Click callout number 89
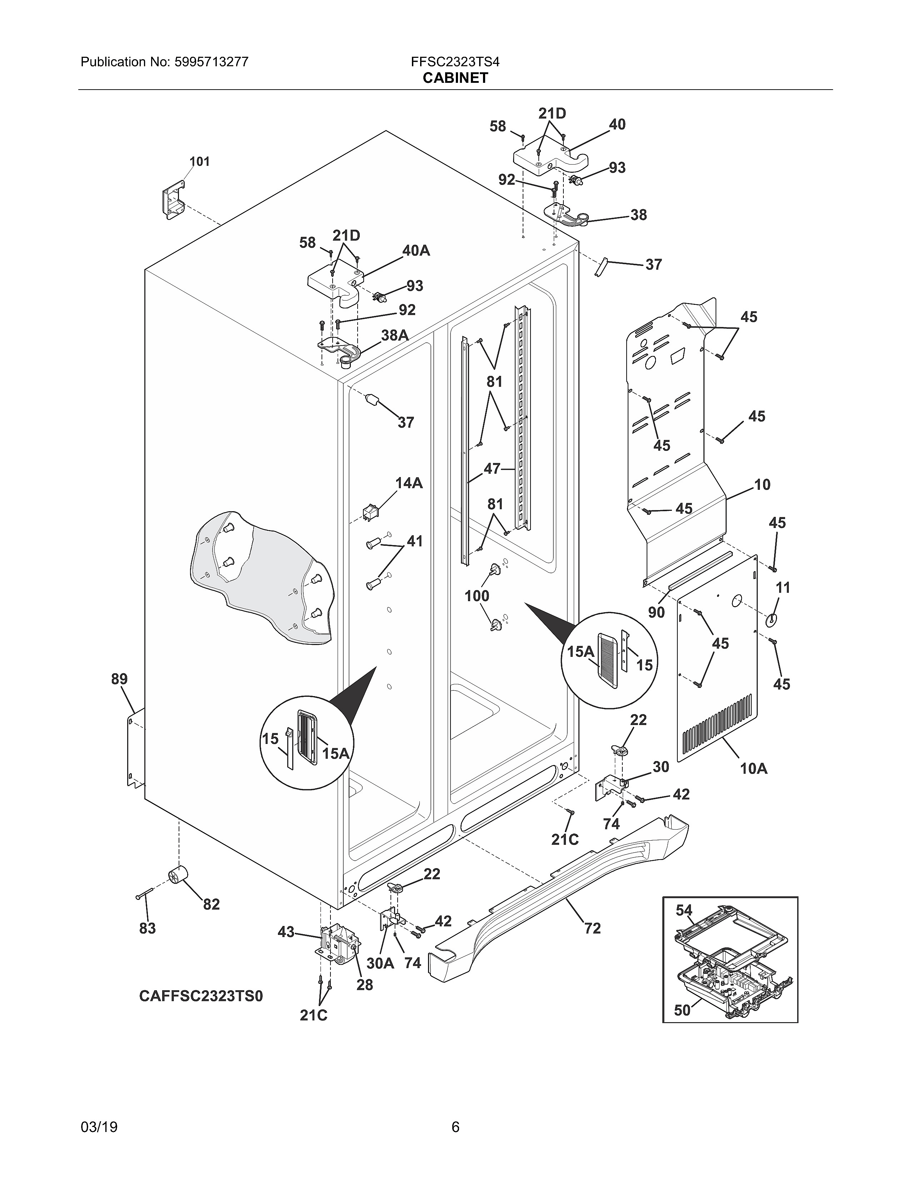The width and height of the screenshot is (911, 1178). (x=119, y=679)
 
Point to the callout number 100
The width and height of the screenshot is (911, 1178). (x=477, y=596)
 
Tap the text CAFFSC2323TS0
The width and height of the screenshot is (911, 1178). (x=201, y=996)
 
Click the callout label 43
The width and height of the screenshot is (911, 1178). (x=286, y=931)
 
